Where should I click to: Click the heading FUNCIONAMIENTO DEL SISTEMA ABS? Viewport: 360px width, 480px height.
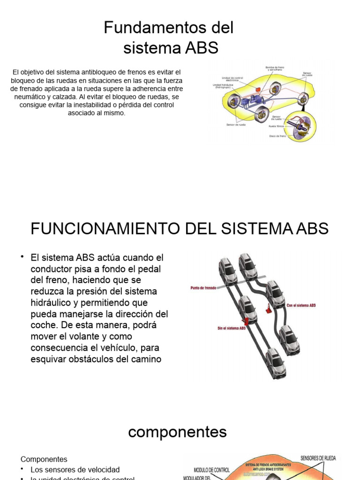click(x=180, y=229)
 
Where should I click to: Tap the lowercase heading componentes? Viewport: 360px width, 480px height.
click(x=177, y=432)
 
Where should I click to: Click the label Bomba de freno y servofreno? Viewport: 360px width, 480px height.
click(x=276, y=68)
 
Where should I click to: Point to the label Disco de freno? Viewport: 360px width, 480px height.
click(x=277, y=136)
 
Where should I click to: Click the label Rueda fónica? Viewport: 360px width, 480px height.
click(x=277, y=127)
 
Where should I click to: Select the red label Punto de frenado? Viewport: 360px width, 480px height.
click(x=203, y=288)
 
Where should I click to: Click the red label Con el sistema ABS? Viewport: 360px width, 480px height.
click(x=301, y=305)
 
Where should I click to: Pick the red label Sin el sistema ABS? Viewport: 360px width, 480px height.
click(x=231, y=329)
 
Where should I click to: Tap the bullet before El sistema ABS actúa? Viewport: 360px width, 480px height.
click(x=22, y=257)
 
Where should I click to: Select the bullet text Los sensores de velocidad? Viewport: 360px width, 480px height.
click(x=75, y=469)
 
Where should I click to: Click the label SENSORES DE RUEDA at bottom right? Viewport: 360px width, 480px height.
click(x=318, y=458)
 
